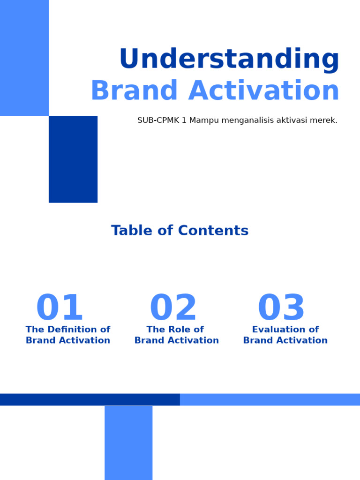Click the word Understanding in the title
coord(229,60)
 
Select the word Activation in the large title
coord(264,91)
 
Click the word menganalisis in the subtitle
coord(254,120)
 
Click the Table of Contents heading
coord(180,231)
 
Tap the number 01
coord(60,308)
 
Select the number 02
coord(173,308)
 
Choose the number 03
coord(281,308)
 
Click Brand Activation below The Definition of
coord(68,341)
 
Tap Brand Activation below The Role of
coord(177,341)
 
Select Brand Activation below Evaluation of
coord(285,341)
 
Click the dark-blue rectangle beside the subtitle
coord(73,159)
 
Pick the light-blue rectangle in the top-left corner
coord(24,58)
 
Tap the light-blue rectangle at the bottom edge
coord(128,442)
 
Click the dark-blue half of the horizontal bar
coord(90,399)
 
